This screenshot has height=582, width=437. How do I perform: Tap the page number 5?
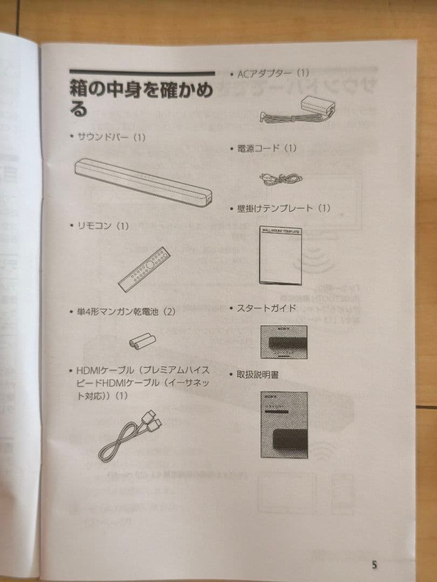tap(374, 565)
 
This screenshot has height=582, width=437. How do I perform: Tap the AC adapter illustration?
tap(298, 110)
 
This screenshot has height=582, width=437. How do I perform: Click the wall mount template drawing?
tap(280, 255)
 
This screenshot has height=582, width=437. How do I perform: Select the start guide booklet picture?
tap(283, 342)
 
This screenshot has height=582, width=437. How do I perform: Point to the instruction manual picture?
tap(284, 425)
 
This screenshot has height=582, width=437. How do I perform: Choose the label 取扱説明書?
tap(257, 374)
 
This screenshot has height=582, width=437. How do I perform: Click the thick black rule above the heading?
tap(141, 73)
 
